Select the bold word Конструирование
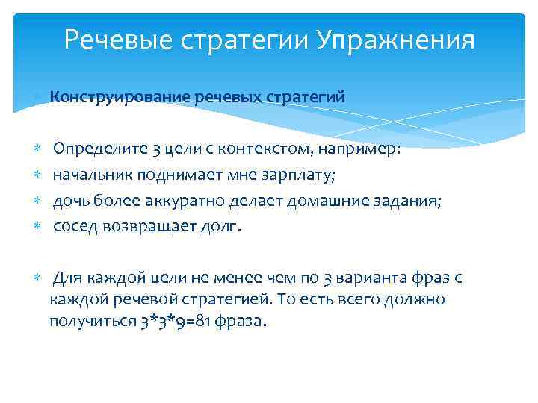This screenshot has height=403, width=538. [120, 97]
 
